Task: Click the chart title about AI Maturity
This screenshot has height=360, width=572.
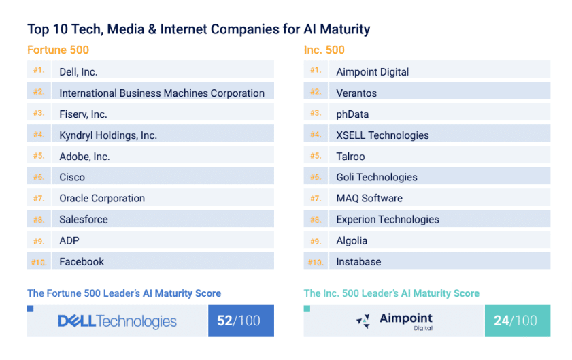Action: [199, 29]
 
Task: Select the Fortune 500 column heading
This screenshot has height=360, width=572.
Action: [58, 50]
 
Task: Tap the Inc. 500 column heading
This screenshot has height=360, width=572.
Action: [324, 50]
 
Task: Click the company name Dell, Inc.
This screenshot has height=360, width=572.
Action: [79, 71]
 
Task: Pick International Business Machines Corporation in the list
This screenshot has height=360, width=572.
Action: [162, 93]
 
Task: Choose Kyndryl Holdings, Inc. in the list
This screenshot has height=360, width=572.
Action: [108, 135]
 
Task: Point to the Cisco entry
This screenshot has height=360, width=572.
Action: [72, 177]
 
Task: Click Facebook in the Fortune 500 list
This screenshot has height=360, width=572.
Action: [82, 261]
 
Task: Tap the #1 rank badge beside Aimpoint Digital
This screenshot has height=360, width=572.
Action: [315, 70]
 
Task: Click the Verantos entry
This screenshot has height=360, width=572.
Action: [356, 93]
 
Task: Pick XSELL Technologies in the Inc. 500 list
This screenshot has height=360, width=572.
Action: [382, 135]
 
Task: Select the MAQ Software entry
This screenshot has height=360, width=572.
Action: [369, 198]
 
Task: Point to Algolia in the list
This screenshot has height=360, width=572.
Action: [352, 240]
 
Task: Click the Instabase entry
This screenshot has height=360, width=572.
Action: [358, 261]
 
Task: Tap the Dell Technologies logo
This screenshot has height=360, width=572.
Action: [117, 321]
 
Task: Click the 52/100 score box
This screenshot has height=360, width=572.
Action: [241, 321]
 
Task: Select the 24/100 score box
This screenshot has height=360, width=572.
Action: [517, 321]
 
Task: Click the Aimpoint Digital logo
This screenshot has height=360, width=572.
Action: [394, 321]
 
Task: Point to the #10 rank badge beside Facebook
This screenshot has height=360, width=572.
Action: [38, 261]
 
